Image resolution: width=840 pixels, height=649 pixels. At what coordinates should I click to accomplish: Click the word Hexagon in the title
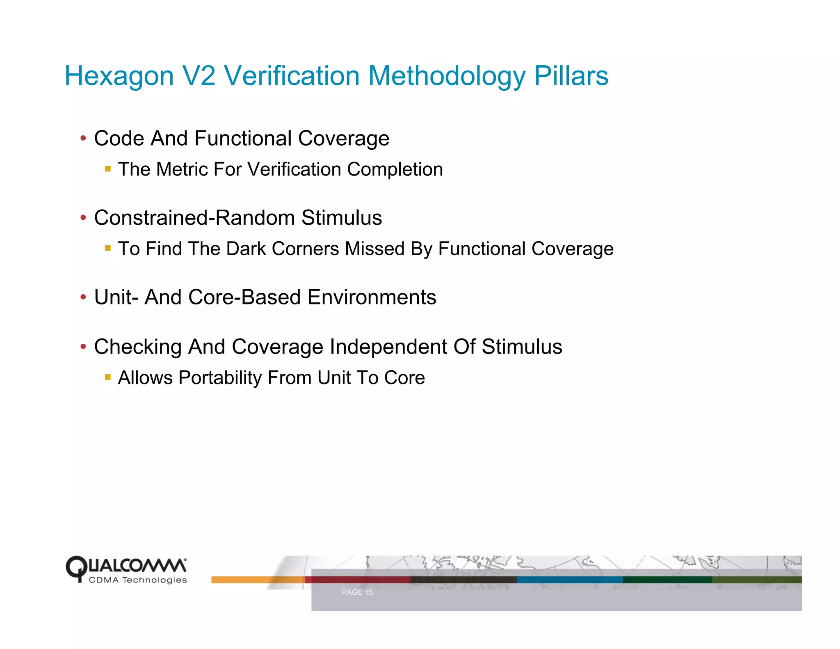coord(119,77)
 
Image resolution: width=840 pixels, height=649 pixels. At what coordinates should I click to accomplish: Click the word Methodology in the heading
coord(447,77)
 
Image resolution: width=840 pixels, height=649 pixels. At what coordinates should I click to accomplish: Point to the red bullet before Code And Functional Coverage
coord(83,138)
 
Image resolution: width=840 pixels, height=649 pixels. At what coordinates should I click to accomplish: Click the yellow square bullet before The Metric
coord(108,169)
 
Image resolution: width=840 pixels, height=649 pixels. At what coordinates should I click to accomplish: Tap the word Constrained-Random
coord(192,218)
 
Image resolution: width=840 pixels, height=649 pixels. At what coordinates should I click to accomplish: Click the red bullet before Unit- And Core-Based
coord(83,297)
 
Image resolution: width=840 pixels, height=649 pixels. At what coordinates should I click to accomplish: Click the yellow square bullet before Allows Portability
coord(108,377)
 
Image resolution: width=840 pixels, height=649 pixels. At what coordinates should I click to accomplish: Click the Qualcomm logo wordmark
coord(126,566)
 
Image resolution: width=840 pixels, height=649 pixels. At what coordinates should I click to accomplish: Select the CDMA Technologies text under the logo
coord(138,580)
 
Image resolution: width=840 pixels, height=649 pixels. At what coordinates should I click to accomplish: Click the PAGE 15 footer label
coord(357,592)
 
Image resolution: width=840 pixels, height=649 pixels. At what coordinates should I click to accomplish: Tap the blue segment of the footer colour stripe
coord(570,580)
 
